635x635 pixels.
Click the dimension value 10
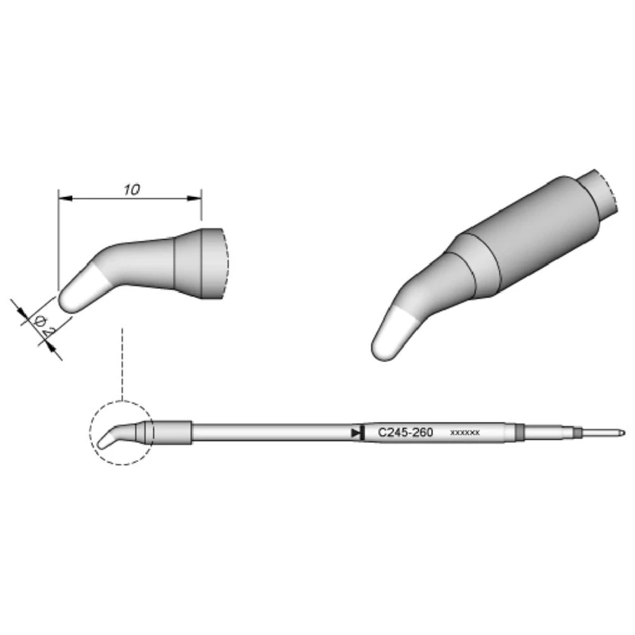click(132, 190)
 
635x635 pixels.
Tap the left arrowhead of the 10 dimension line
click(63, 198)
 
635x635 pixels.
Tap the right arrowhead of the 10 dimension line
click(197, 198)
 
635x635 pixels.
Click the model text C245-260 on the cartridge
click(405, 433)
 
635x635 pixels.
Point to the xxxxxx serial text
click(464, 433)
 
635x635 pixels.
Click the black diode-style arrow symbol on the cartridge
click(354, 433)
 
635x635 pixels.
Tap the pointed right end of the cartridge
click(622, 433)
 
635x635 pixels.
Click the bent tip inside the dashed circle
click(111, 439)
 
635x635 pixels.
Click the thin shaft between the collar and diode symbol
click(270, 433)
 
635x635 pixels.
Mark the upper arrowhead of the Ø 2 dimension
click(21, 311)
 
